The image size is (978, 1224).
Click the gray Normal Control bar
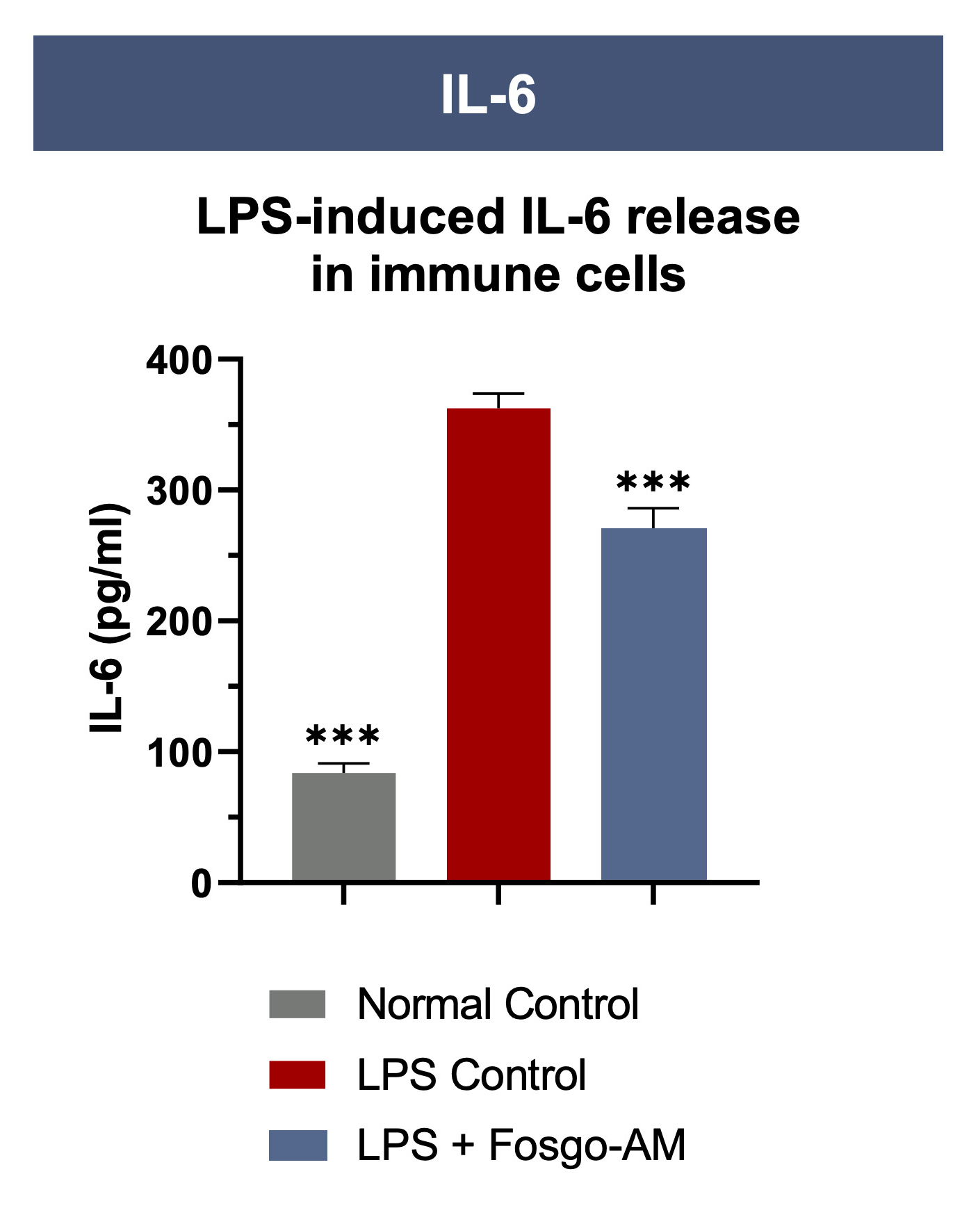point(343,826)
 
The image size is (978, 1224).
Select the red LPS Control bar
point(498,644)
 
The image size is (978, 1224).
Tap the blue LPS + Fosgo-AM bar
point(653,704)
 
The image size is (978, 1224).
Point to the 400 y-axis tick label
point(179,361)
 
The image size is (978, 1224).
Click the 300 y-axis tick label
point(179,492)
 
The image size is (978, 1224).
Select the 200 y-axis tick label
point(179,623)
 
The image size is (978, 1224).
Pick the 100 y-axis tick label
point(179,753)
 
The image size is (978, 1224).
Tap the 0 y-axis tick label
point(201,884)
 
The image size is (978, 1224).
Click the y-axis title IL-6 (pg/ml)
point(108,617)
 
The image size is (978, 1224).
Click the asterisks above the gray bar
point(343,737)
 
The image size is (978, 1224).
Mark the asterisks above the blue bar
point(653,482)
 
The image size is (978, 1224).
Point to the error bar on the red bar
point(498,401)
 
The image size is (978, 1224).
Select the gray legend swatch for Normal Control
point(298,1004)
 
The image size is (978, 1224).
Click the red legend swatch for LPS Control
point(298,1075)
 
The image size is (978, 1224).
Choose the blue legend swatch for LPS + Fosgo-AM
point(298,1145)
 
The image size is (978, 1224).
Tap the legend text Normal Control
point(498,1004)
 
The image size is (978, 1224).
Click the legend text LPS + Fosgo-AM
point(521,1145)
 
